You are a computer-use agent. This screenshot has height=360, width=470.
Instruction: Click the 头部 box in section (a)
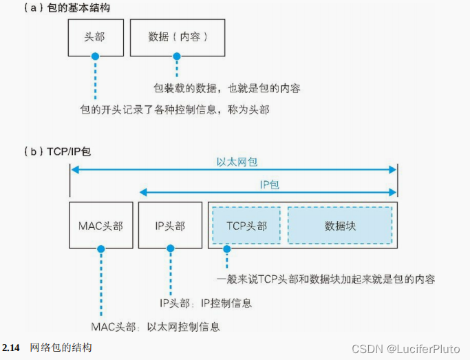96,37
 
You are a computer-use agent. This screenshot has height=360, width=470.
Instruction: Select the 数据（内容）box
178,37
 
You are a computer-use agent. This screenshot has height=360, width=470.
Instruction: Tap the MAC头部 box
100,225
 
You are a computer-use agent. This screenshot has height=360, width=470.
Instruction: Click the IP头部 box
170,225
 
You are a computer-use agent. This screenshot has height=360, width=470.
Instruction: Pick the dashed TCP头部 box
246,225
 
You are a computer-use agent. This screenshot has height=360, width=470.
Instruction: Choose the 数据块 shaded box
340,225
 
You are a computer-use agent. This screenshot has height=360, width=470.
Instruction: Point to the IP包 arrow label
268,184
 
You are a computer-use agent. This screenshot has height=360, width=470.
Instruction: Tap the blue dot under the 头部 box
95,56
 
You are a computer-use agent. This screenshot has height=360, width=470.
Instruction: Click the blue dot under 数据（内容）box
177,56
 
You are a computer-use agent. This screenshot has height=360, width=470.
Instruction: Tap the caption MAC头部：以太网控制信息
156,326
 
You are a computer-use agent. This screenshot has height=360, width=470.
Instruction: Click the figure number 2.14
12,347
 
